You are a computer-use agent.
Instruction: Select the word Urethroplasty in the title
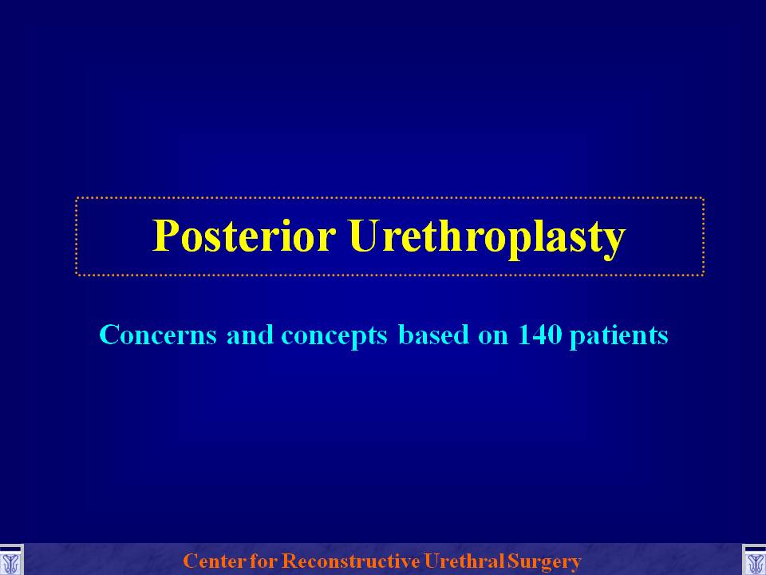tap(487, 239)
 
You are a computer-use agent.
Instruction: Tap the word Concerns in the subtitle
tap(158, 335)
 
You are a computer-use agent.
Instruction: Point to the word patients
tap(619, 336)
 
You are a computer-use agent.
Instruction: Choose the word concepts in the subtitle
tap(334, 337)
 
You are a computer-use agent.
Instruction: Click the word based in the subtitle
tap(434, 335)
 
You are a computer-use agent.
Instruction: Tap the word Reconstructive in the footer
tap(351, 561)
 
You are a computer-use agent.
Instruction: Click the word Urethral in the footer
tap(464, 561)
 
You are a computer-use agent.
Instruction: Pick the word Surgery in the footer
tap(543, 562)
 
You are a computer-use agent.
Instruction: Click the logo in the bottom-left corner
tap(11, 561)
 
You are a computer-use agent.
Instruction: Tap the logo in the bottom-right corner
tap(754, 561)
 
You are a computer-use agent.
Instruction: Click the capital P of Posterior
tap(164, 236)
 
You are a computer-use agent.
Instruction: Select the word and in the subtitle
tap(250, 335)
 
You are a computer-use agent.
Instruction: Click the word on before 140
tap(493, 337)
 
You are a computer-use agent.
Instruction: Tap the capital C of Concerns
tap(109, 335)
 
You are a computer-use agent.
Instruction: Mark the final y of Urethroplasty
tap(615, 244)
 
